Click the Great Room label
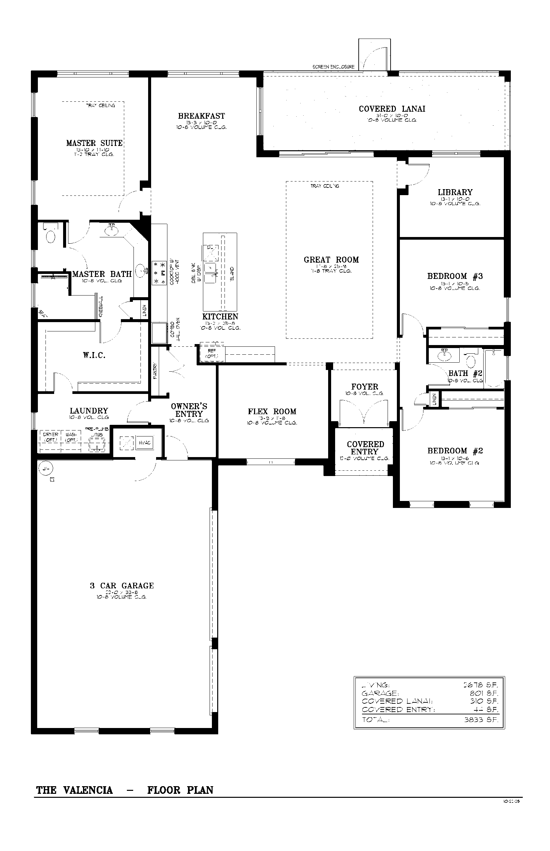tap(331, 260)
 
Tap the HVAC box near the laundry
tap(145, 442)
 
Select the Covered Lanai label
tap(392, 109)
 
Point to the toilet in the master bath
tap(51, 236)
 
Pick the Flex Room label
tap(272, 412)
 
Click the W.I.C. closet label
tap(94, 355)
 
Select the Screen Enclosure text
tap(333, 67)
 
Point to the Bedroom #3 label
tap(455, 276)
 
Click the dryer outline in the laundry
tap(50, 437)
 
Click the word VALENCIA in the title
tap(88, 790)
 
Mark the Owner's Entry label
tap(189, 410)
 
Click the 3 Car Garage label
tap(122, 585)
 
